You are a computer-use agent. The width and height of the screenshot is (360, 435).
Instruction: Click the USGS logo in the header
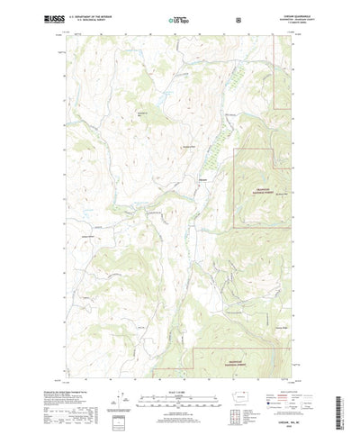point(49,18)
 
